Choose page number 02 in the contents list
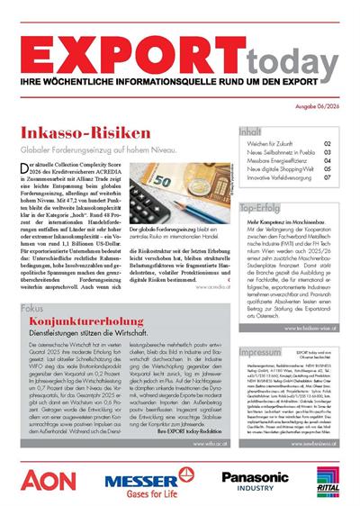(328, 144)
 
